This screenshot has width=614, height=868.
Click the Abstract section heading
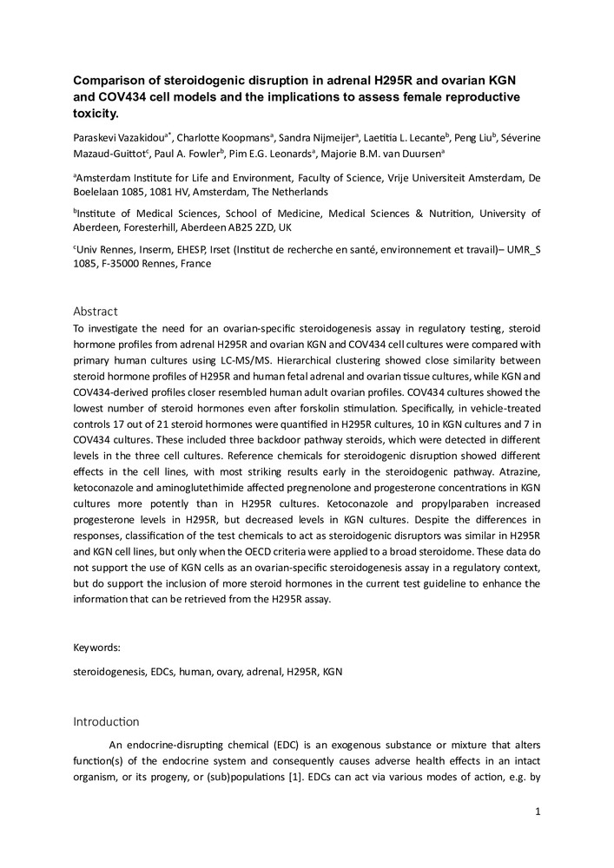pos(95,311)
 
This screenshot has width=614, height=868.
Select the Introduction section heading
pos(108,720)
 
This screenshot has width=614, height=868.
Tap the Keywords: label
pos(97,647)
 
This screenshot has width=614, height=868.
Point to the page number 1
pos(538,812)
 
